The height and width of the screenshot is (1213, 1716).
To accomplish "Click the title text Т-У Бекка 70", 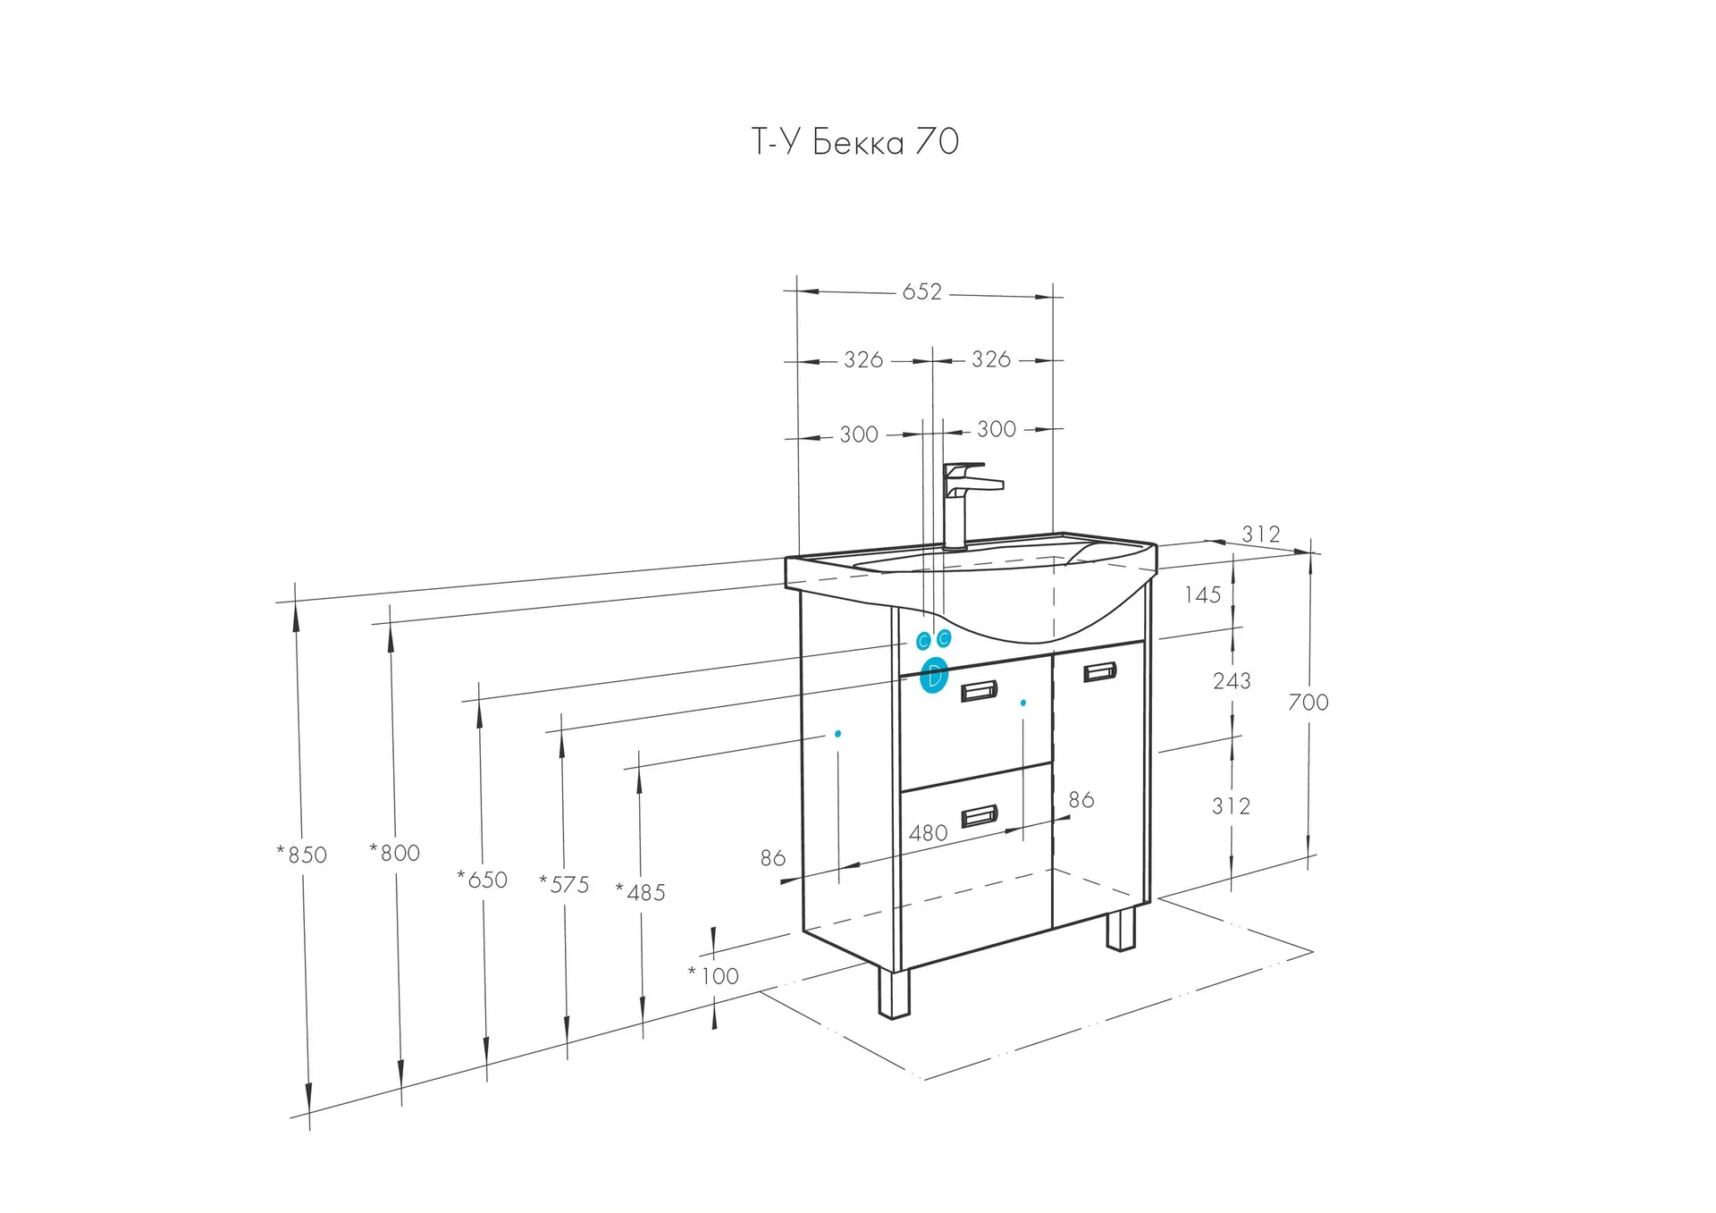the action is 855,142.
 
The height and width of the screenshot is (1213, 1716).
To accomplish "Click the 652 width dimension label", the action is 921,292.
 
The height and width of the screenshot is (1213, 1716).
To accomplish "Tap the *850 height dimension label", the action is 302,855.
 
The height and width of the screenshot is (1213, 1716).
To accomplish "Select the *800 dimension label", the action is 395,853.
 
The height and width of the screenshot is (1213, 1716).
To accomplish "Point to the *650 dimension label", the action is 483,880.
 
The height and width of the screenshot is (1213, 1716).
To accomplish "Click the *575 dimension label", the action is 565,884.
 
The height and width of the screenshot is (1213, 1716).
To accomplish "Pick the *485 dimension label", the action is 641,892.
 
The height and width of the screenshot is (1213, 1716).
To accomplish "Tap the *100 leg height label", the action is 714,976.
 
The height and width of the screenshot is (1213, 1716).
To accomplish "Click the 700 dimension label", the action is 1308,703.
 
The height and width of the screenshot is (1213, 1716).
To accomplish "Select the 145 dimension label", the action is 1203,595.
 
